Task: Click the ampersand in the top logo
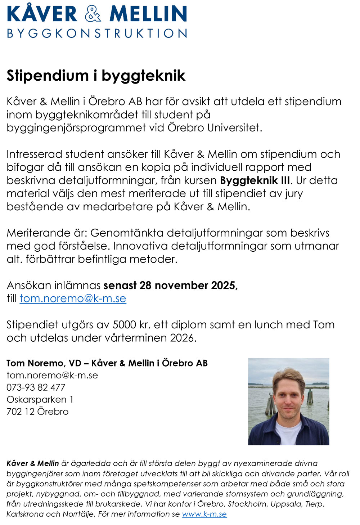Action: point(93,14)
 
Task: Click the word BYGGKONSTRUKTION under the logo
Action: point(97,33)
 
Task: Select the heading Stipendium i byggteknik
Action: point(96,76)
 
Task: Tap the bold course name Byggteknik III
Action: point(255,180)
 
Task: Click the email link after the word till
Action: point(73,299)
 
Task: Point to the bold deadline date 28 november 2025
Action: point(188,286)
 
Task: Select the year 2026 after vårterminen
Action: point(183,338)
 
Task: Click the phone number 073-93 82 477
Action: point(36,387)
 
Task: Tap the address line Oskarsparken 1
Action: point(40,400)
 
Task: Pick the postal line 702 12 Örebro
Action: point(37,412)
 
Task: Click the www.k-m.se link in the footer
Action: point(204,514)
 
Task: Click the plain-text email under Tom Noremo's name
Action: point(52,375)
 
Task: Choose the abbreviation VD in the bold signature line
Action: point(75,363)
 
